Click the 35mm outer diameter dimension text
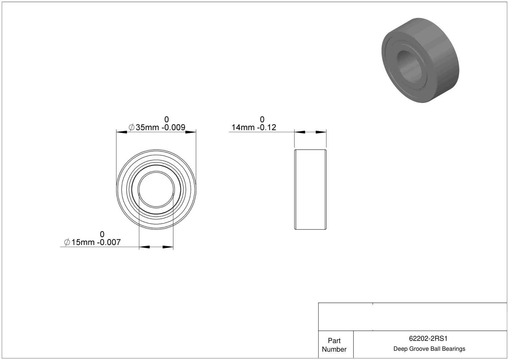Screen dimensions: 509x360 point(147,127)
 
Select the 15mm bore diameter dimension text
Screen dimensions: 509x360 point(83,242)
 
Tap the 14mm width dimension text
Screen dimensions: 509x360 point(243,127)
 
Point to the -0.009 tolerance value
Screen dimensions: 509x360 point(173,127)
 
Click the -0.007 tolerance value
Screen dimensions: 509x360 point(109,242)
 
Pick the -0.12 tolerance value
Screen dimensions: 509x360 point(267,127)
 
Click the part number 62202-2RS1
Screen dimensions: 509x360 point(428,339)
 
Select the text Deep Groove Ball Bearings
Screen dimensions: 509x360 point(429,349)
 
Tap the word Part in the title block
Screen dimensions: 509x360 point(334,341)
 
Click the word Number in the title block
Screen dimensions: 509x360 point(334,349)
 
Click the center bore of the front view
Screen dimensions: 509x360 point(156,190)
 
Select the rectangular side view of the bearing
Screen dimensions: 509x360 point(310,190)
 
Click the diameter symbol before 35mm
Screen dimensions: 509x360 point(131,127)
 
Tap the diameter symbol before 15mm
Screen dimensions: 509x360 point(67,242)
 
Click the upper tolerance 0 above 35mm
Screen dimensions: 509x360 point(167,120)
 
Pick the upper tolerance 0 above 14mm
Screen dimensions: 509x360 point(262,120)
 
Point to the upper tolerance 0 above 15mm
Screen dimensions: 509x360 point(102,234)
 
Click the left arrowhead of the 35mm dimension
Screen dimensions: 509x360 point(122,132)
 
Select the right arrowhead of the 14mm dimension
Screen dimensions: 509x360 point(321,132)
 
